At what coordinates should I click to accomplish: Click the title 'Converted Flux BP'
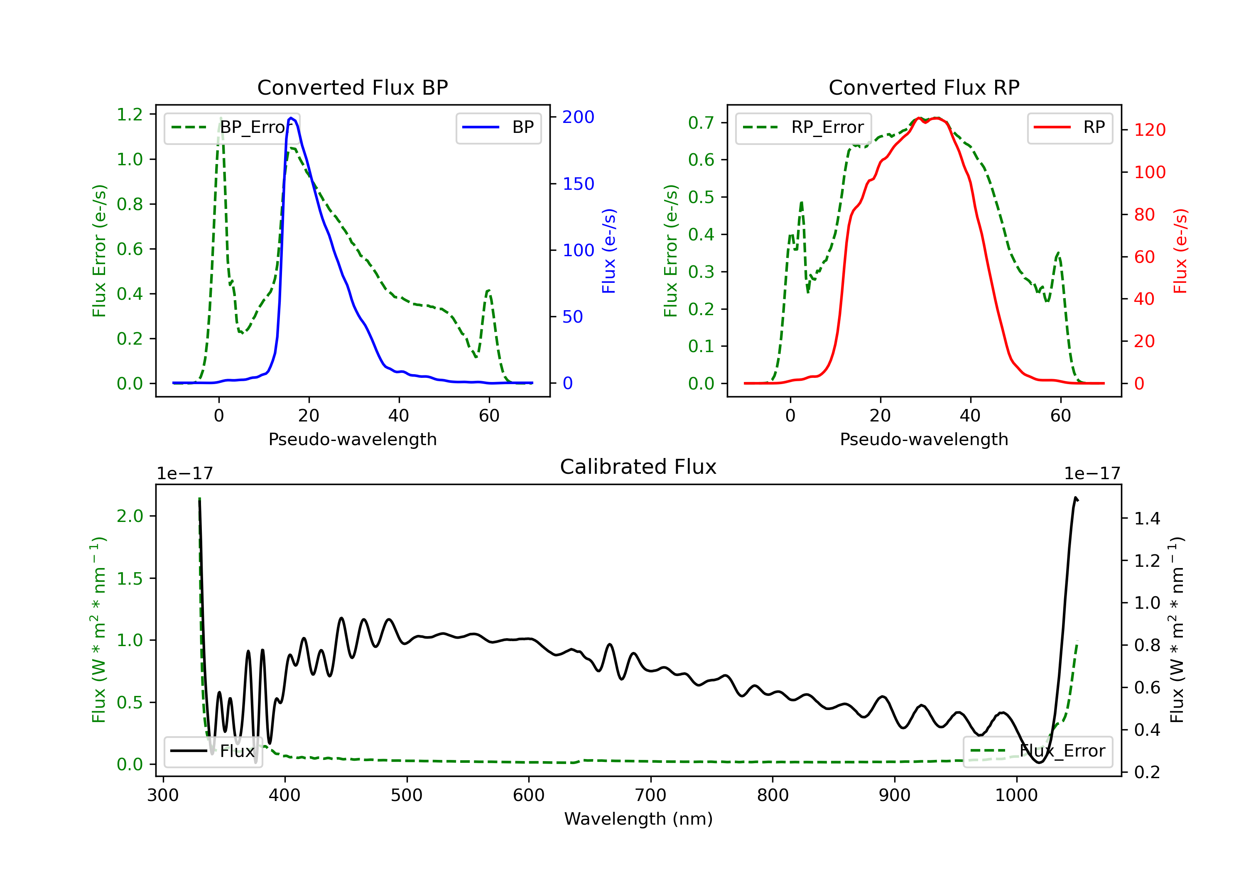[x=352, y=87]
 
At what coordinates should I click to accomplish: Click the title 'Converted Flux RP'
[x=924, y=87]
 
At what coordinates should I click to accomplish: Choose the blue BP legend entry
[x=498, y=127]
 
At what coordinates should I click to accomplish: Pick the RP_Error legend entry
[x=803, y=127]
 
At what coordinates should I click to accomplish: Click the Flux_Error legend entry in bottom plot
[x=1037, y=751]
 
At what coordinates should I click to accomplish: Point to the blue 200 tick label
[x=578, y=117]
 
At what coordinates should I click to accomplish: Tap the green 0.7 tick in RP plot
[x=701, y=122]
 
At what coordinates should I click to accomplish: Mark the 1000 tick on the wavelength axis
[x=1016, y=796]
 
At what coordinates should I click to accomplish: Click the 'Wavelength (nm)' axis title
[x=638, y=819]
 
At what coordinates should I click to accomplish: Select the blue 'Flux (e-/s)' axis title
[x=609, y=251]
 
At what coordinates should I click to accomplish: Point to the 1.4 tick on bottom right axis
[x=1147, y=519]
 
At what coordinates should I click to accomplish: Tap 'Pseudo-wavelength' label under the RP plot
[x=924, y=439]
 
